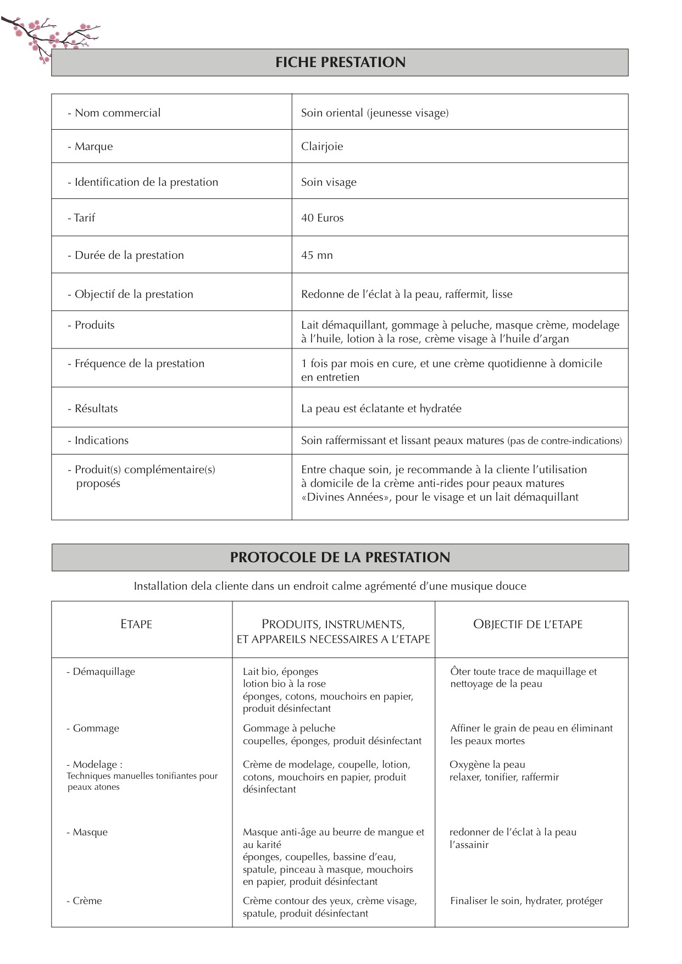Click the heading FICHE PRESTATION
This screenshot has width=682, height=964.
pos(340,62)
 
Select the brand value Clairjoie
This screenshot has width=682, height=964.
pos(321,146)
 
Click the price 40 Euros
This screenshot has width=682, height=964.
pos(322,218)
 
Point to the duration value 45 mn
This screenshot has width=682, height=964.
pos(317,255)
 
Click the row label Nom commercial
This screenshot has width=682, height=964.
pos(117,113)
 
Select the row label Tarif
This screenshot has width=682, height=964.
pos(84,218)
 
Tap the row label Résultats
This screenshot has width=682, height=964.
pos(96,408)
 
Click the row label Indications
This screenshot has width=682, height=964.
pos(101,440)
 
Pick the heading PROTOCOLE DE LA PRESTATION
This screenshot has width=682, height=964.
pos(340,557)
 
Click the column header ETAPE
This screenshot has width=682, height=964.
pos(136,624)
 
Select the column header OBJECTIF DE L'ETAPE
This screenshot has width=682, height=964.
pos(528,624)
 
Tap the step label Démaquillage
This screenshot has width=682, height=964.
pos(103,671)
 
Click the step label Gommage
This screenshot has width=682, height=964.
pos(96,728)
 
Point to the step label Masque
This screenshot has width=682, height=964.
pos(90,832)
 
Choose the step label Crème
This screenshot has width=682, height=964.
pos(87,901)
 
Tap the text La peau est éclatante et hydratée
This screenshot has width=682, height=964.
pos(381,408)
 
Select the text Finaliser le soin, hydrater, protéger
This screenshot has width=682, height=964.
pos(526,901)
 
